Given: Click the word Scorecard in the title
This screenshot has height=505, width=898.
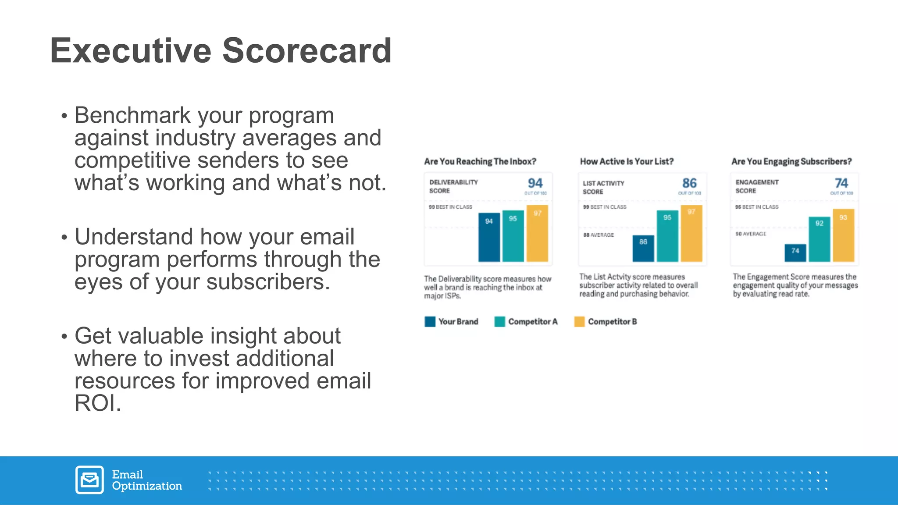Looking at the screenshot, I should click(x=307, y=51).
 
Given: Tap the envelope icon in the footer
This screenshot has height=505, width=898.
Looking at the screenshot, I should click(x=89, y=480).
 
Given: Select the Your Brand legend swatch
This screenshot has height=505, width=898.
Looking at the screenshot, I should click(x=430, y=322).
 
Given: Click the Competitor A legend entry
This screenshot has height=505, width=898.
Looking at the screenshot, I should click(x=526, y=322).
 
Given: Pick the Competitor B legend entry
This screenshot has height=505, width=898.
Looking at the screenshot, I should click(x=606, y=322).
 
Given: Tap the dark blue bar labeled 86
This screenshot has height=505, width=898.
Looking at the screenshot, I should click(x=643, y=249).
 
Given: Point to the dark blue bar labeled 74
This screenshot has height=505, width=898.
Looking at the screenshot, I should click(x=795, y=253).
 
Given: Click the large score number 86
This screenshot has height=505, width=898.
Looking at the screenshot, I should click(x=689, y=183).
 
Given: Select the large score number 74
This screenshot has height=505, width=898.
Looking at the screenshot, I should click(x=841, y=183).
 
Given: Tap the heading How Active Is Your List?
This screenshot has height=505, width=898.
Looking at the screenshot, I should click(x=627, y=161).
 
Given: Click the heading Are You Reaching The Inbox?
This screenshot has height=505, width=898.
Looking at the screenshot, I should click(x=480, y=161).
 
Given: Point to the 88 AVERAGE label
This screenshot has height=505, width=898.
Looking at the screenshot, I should click(x=599, y=235).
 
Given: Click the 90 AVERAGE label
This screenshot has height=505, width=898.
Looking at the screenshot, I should click(x=751, y=234).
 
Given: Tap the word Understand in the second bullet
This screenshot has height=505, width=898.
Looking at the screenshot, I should click(x=133, y=237).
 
